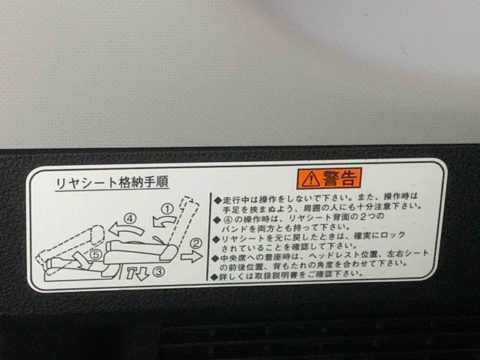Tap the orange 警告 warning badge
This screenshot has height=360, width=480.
330,178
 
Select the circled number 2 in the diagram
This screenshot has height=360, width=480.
196,243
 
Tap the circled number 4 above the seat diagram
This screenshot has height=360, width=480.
130,219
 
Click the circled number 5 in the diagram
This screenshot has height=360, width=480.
95,254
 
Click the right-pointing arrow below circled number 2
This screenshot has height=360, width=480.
191,256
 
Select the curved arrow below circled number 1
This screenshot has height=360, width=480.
163,220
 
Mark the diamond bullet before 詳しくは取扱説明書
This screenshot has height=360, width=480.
216,275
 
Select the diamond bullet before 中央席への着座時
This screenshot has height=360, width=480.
216,256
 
